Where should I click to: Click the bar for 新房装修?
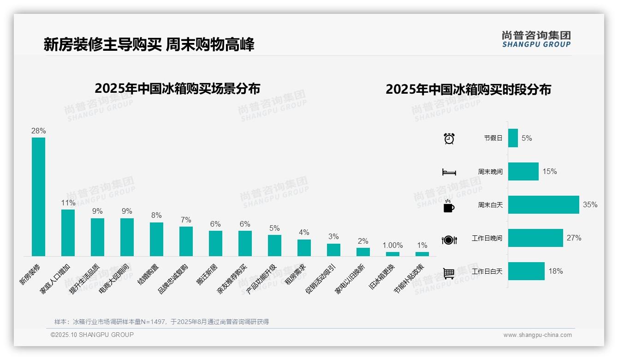38,197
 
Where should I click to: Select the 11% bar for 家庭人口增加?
68,233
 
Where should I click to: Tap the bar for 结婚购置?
156,239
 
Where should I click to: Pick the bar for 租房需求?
304,248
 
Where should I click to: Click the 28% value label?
38,131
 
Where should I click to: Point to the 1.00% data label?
392,246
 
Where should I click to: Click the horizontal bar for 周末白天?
543,204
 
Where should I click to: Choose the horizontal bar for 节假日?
513,138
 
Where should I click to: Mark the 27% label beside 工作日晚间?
574,238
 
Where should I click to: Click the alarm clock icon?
449,138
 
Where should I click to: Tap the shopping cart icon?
449,273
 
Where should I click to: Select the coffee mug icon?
449,206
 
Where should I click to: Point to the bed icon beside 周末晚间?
449,172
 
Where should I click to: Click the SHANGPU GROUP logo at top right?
536,39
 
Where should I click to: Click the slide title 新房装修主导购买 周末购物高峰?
149,45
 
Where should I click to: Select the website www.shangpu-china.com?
537,335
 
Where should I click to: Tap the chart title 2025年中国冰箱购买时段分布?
468,90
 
